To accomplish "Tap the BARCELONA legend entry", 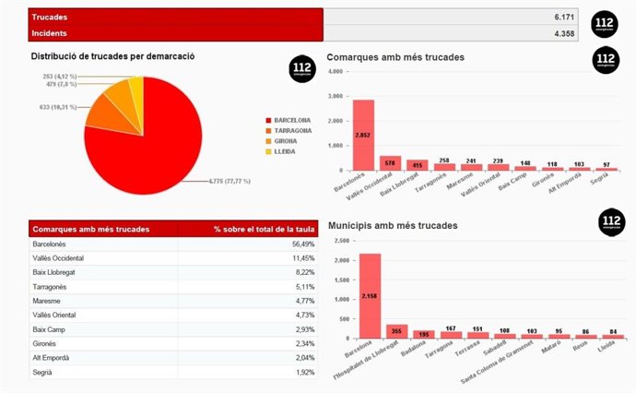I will click(291, 120).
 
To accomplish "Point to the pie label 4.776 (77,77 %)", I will click(218, 182).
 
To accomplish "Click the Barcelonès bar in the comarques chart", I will click(363, 135).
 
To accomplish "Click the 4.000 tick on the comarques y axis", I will click(335, 71).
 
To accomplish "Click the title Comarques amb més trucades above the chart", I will click(395, 57).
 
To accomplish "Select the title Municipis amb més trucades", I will click(393, 225).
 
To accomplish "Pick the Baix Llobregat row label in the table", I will click(57, 273).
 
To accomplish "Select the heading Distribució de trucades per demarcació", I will click(112, 56).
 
